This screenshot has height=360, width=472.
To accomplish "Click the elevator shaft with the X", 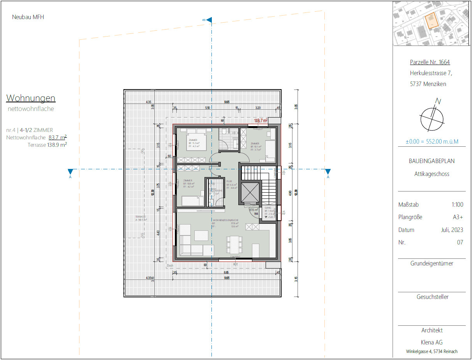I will (x=250, y=192).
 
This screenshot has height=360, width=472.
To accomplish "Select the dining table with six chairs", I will (x=234, y=244).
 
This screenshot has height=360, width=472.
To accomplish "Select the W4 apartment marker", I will (x=256, y=214).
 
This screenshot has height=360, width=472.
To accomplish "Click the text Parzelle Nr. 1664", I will (x=430, y=62).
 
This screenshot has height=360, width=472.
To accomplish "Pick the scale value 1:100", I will (x=456, y=205).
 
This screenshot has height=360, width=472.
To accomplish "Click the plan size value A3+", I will (x=458, y=217).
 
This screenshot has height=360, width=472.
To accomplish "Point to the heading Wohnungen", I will (x=31, y=98).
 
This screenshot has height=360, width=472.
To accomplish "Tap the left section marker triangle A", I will (x=70, y=172).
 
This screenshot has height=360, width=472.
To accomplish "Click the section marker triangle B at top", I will (x=209, y=20).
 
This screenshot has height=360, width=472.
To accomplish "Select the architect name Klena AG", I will (x=432, y=342).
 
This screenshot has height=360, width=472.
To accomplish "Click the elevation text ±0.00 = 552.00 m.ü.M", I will (x=431, y=141).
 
